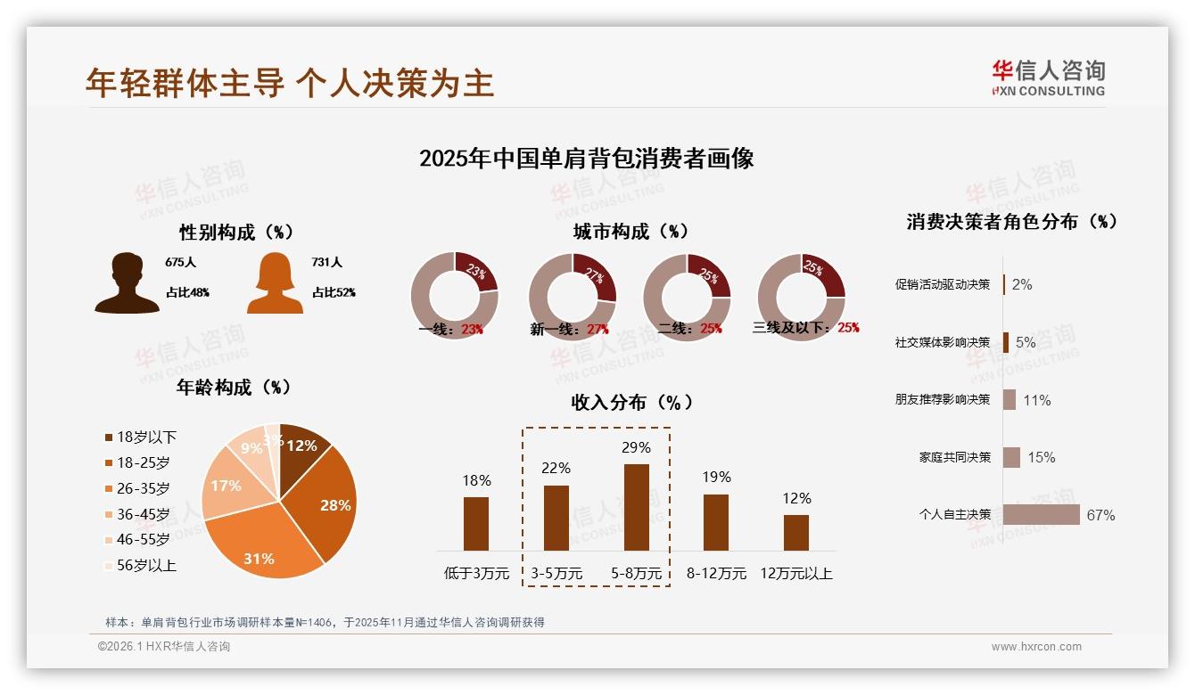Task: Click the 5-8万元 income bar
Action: (x=636, y=507)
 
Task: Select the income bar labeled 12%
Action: (x=796, y=532)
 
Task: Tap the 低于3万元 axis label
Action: (x=476, y=574)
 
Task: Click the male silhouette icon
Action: (x=127, y=282)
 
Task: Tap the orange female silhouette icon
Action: (x=275, y=283)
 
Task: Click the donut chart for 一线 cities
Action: (x=455, y=296)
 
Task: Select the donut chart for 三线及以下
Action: (x=801, y=296)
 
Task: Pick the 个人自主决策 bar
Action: (x=1041, y=514)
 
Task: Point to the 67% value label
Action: (x=1100, y=515)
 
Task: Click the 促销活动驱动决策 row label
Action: (x=943, y=285)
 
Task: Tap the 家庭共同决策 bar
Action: (x=1011, y=457)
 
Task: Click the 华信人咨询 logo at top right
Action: (x=1048, y=78)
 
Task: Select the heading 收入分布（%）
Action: (x=631, y=403)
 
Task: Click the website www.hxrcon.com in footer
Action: (x=1036, y=647)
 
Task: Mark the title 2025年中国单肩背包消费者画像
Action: (x=586, y=159)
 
